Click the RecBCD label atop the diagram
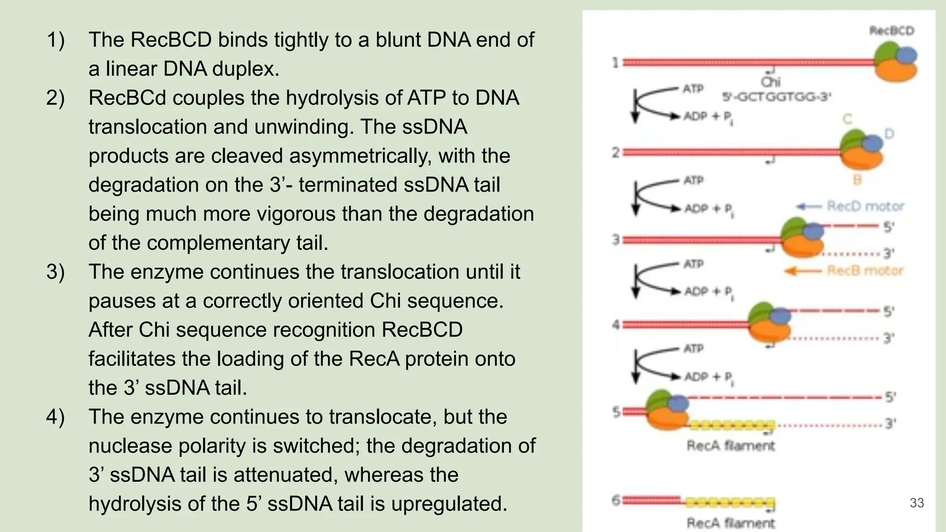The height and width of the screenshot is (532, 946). click(x=891, y=31)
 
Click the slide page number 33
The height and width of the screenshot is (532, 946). click(x=916, y=503)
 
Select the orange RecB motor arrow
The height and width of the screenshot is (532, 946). click(x=804, y=271)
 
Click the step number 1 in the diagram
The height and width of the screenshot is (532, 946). click(x=615, y=62)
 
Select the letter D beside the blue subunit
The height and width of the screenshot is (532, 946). click(x=889, y=134)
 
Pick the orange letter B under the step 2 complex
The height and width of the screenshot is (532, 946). click(x=857, y=180)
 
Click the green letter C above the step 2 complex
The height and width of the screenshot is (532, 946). click(x=847, y=119)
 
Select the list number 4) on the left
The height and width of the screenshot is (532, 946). click(x=55, y=417)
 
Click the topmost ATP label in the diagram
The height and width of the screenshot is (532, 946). click(x=693, y=89)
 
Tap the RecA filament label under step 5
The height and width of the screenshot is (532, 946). click(x=730, y=446)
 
